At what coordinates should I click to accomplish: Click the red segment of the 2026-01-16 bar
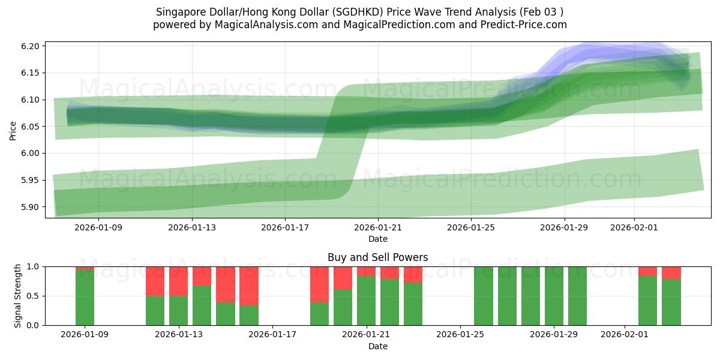[x=249, y=286]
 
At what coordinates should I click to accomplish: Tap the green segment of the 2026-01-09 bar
[x=85, y=298]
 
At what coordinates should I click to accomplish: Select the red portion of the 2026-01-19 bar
[x=319, y=284]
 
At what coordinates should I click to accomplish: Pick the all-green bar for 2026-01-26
[x=484, y=296]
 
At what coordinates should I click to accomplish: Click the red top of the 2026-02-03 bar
[x=671, y=272]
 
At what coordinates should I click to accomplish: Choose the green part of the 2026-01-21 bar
[x=366, y=301]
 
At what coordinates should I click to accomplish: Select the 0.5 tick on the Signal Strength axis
[x=34, y=296]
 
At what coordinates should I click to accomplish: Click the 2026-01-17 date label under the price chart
[x=285, y=227]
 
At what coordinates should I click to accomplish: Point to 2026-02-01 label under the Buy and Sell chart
[x=625, y=335]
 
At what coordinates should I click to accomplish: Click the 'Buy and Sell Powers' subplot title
[x=377, y=257]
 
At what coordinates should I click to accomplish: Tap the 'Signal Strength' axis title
[x=18, y=296]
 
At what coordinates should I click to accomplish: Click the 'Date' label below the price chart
[x=377, y=239]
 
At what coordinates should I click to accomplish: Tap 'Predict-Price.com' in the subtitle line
[x=524, y=25]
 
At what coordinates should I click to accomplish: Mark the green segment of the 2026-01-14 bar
[x=202, y=305]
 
